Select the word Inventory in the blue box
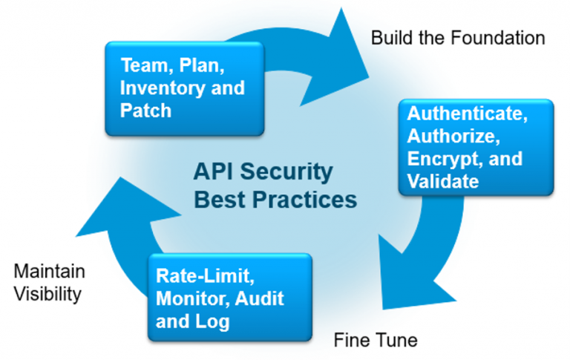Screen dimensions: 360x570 click(x=160, y=88)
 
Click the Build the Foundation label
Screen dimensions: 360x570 click(x=457, y=37)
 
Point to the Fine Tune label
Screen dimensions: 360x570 click(x=376, y=341)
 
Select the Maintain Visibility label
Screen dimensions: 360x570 click(x=49, y=282)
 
